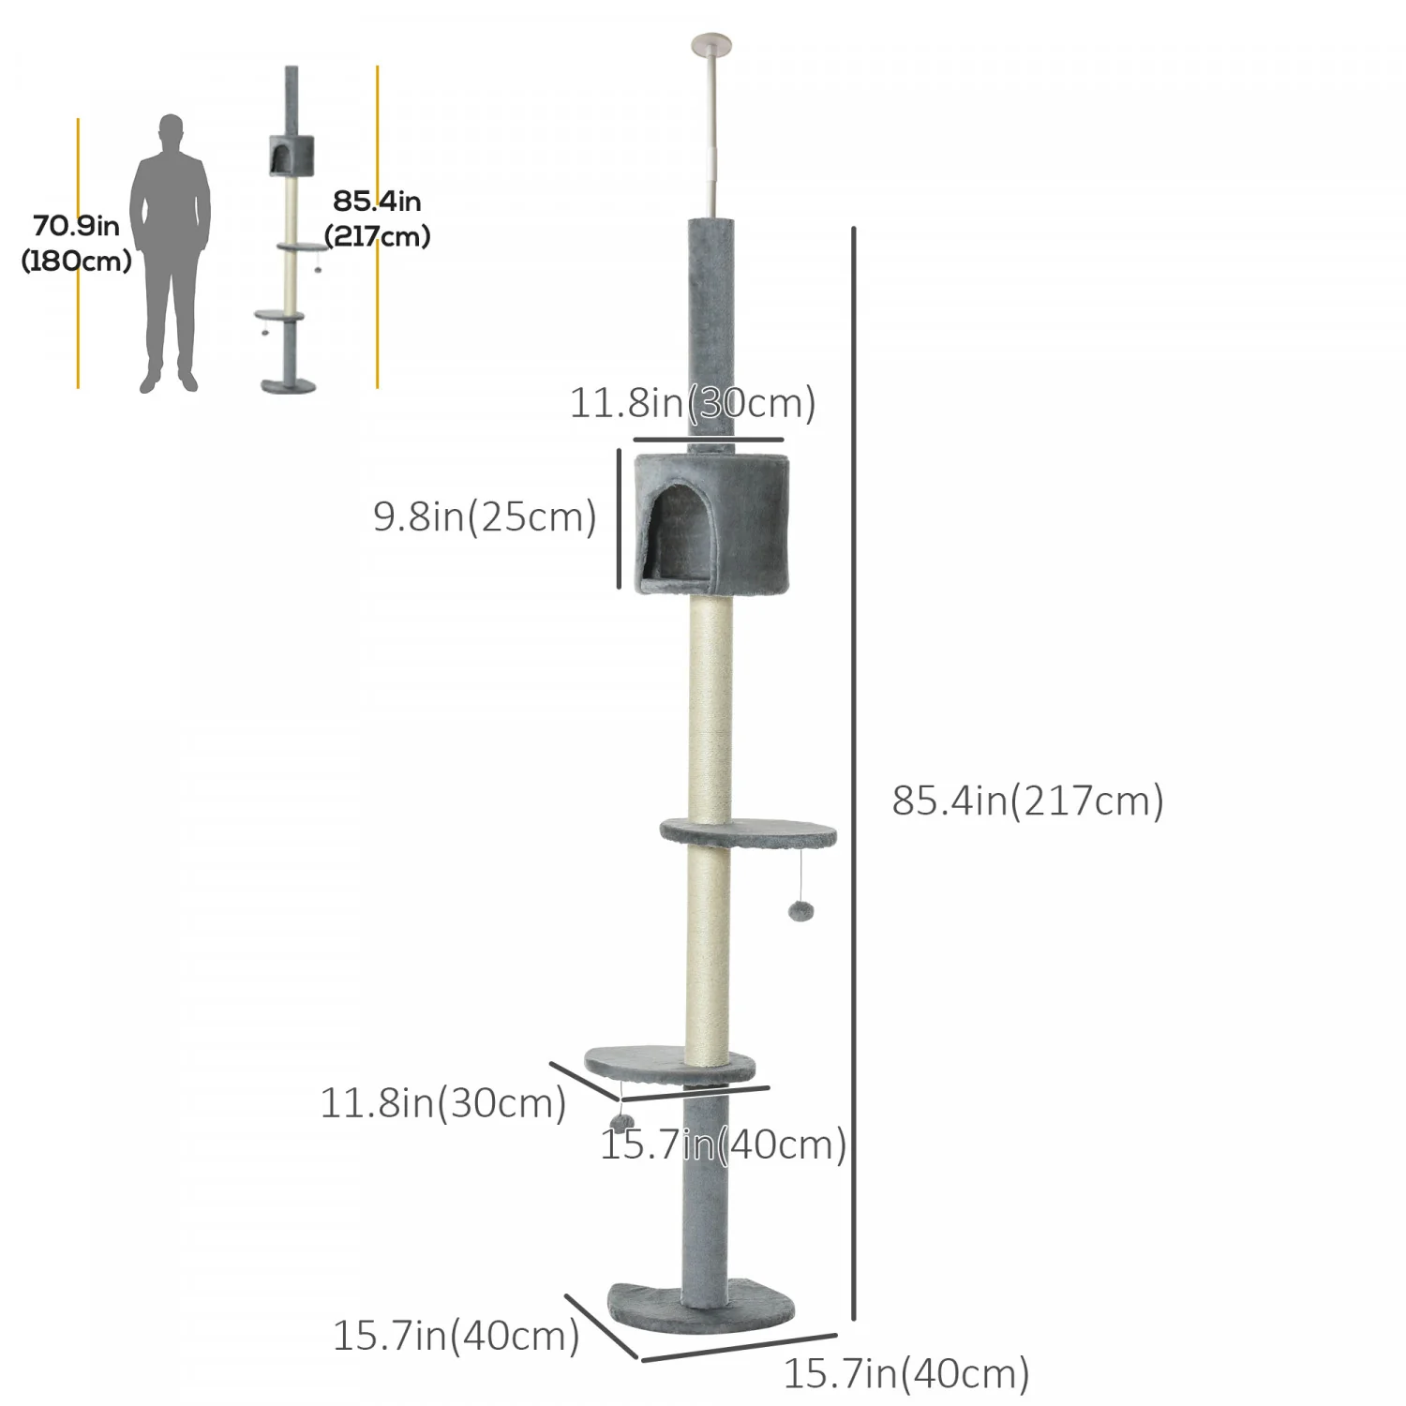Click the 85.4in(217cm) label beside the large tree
[x=1027, y=800]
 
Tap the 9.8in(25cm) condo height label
[x=485, y=516]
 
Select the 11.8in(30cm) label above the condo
[x=693, y=403]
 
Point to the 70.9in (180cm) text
[x=76, y=244]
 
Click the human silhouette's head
[x=171, y=131]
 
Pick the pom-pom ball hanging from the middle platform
[x=800, y=910]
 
